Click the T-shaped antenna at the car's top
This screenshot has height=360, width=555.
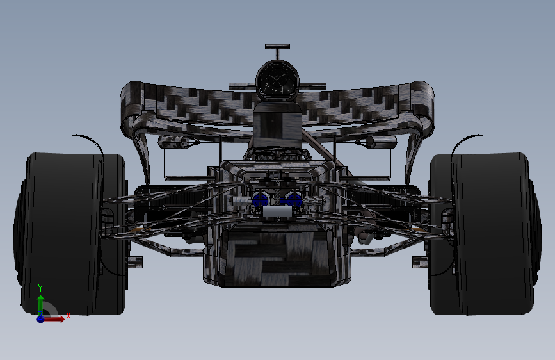277,47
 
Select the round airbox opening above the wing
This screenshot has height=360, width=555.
277,80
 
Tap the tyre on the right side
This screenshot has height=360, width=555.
487,234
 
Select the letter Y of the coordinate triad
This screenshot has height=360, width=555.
40,288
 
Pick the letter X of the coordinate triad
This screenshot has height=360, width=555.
68,316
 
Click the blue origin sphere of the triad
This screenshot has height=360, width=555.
40,318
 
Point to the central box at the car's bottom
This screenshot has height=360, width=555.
277,259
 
